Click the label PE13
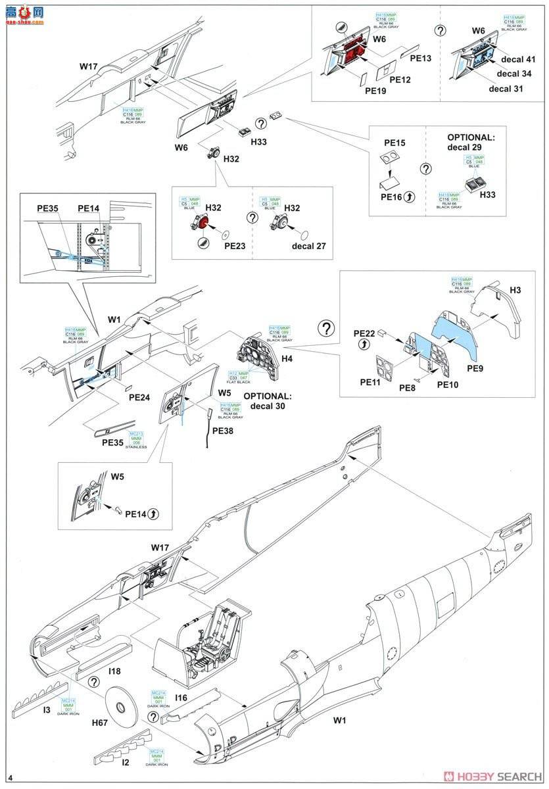[421, 59]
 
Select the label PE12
[400, 79]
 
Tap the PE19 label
[376, 90]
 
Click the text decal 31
[506, 88]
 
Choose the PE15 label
[394, 142]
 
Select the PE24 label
[139, 397]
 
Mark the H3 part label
[515, 290]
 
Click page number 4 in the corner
[11, 778]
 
